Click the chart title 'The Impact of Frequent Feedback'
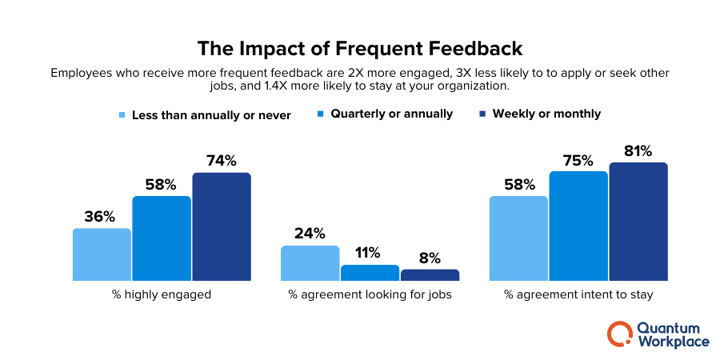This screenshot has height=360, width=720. tap(359, 49)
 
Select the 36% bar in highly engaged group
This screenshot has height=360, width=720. tap(102, 254)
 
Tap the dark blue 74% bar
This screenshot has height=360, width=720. tap(222, 226)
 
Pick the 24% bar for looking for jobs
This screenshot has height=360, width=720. tap(310, 263)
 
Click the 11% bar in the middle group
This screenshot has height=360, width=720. tap(370, 273)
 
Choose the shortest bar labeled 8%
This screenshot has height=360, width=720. tap(430, 275)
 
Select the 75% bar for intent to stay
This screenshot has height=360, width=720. tap(578, 226)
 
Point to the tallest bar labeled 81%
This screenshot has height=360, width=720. tap(638, 222)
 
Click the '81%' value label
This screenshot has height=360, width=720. tap(638, 150)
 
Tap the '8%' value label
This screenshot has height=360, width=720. tap(430, 258)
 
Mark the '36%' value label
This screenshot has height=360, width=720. tap(102, 217)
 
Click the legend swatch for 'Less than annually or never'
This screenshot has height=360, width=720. tap(122, 114)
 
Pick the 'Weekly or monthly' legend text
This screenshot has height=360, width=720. tap(546, 114)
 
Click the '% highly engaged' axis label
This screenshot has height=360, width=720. tap(162, 294)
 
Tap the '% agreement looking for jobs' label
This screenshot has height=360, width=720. tap(370, 294)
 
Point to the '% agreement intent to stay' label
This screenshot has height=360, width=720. tap(578, 294)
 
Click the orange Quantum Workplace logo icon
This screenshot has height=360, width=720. tap(619, 334)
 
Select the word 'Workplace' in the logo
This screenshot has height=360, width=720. tap(674, 342)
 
